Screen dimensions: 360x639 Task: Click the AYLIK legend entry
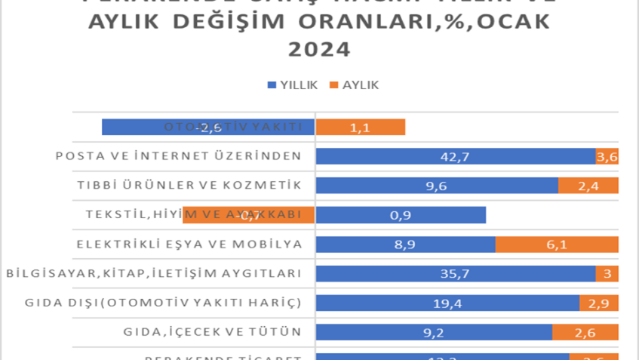[x=354, y=85]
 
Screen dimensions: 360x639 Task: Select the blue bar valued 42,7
[x=456, y=156]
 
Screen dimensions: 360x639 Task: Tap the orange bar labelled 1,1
[x=360, y=128]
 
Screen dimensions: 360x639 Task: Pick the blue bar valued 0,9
[x=401, y=215]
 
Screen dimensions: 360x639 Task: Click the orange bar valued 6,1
[x=557, y=245]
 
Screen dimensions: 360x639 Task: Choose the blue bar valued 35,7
[x=456, y=273]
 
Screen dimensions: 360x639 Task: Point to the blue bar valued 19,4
[x=447, y=303]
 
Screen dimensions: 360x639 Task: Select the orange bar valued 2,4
[x=588, y=186]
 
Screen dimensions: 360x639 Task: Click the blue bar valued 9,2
[x=434, y=332]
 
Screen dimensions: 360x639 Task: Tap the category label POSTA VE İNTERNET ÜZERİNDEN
[x=179, y=156]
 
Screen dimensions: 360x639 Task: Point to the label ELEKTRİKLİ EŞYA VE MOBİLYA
[x=189, y=245]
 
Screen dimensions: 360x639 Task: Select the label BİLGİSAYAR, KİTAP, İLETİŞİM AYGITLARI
[x=154, y=273]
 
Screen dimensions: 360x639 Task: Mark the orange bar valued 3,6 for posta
[x=607, y=156]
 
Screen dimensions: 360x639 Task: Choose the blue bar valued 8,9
[x=405, y=245]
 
